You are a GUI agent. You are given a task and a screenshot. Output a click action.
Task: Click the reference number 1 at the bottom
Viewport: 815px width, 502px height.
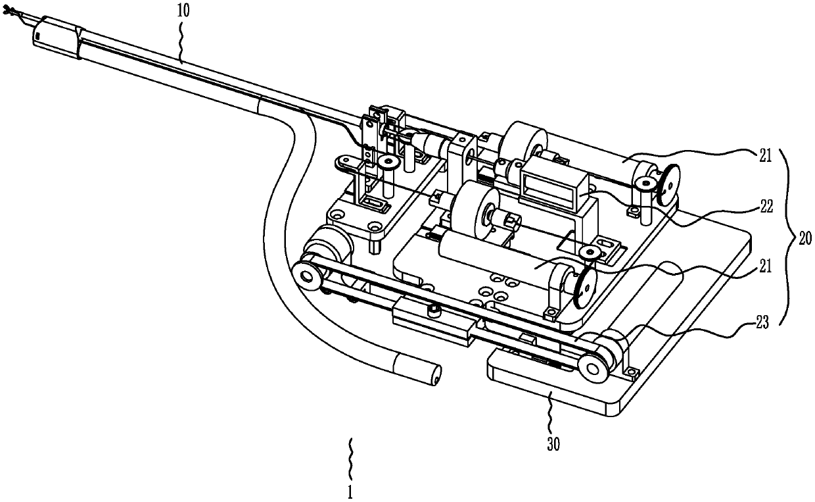[x=351, y=491]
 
